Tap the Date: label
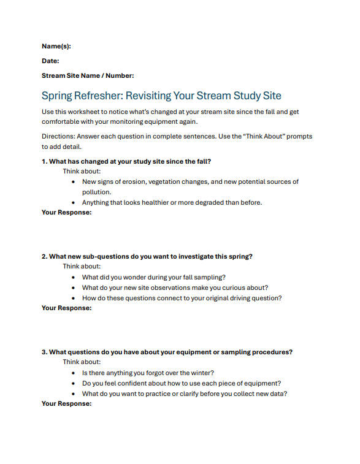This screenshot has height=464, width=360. tap(50, 61)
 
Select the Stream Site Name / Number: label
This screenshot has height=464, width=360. tap(88, 76)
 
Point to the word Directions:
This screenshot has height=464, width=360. tap(59, 136)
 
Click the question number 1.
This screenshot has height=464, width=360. tap(44, 162)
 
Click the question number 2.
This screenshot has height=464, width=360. tap(44, 257)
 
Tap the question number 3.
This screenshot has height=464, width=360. tap(44, 352)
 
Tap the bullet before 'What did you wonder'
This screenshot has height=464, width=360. tap(74, 278)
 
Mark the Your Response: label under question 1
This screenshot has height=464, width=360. tap(66, 213)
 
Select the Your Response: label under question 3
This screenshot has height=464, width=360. tap(66, 404)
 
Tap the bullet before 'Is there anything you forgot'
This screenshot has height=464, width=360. tap(74, 373)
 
